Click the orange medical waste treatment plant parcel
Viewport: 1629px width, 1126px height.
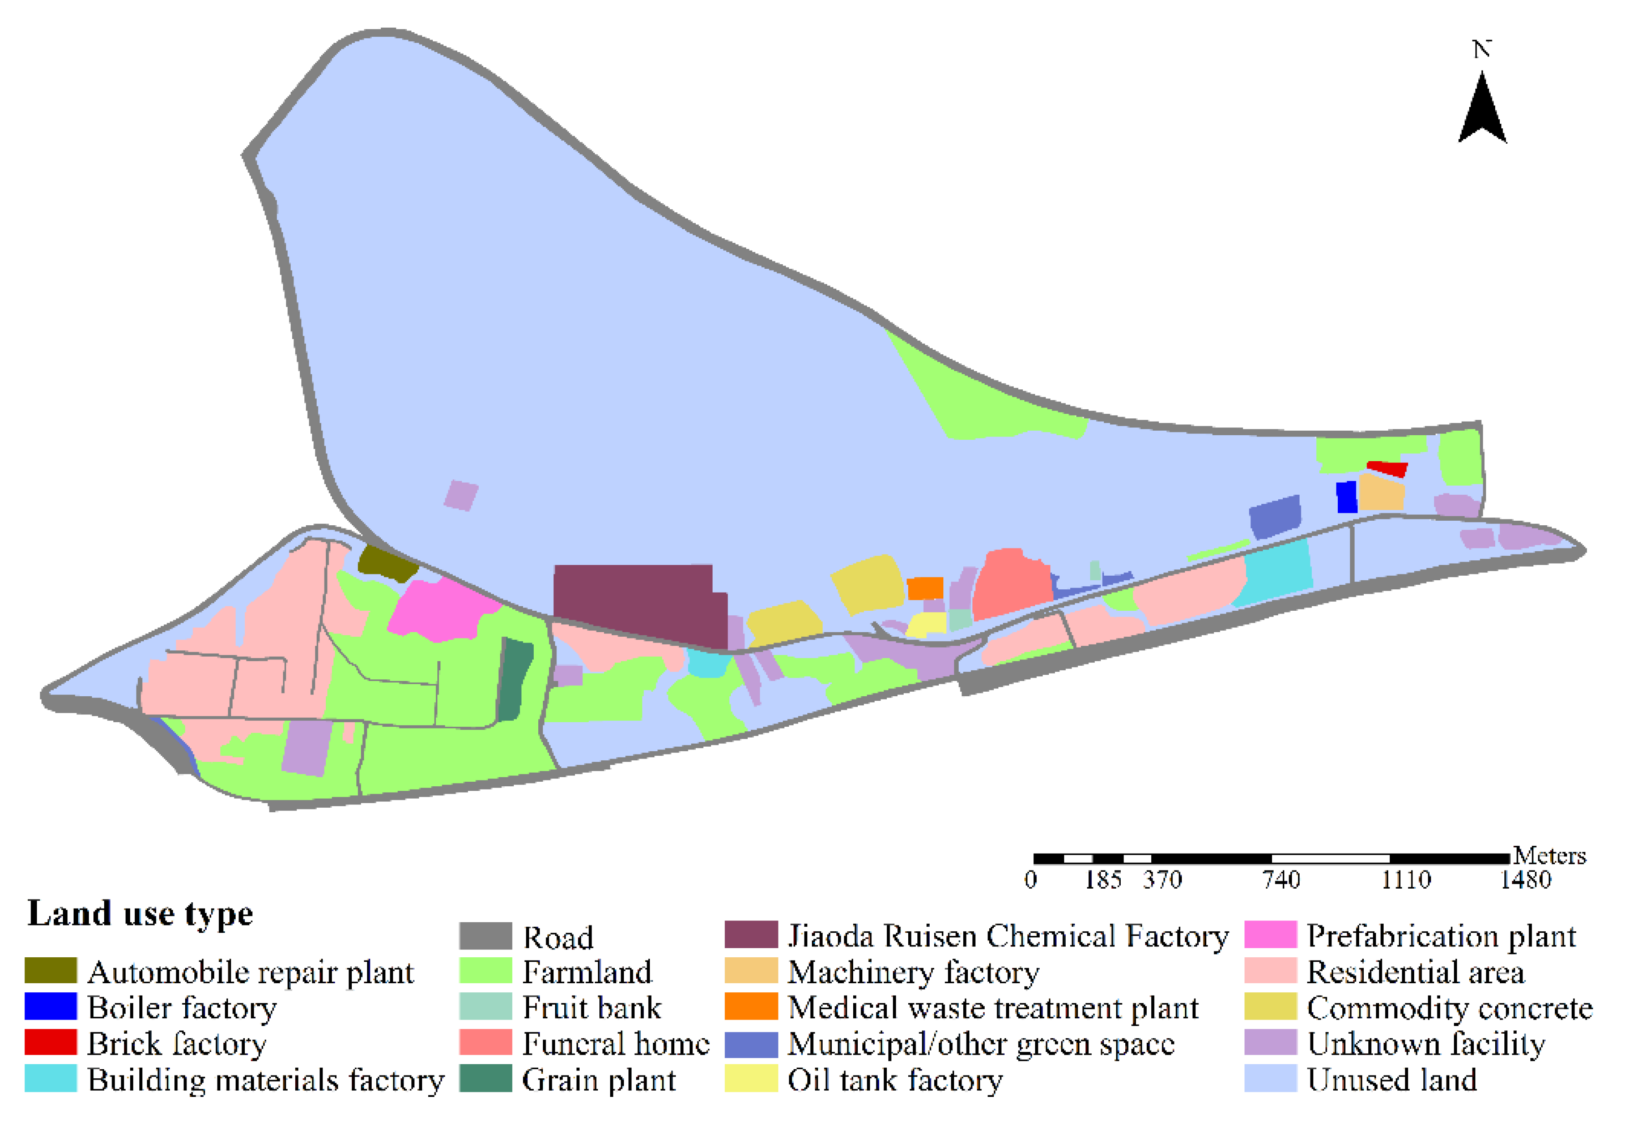[x=925, y=588]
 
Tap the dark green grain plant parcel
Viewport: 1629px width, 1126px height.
[x=515, y=677]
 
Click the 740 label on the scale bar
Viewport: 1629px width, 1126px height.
[x=1280, y=880]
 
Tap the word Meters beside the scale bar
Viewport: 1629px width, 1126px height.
[x=1550, y=856]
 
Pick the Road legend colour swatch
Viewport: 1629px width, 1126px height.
[x=485, y=936]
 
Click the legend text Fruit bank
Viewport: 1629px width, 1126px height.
[x=592, y=1007]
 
